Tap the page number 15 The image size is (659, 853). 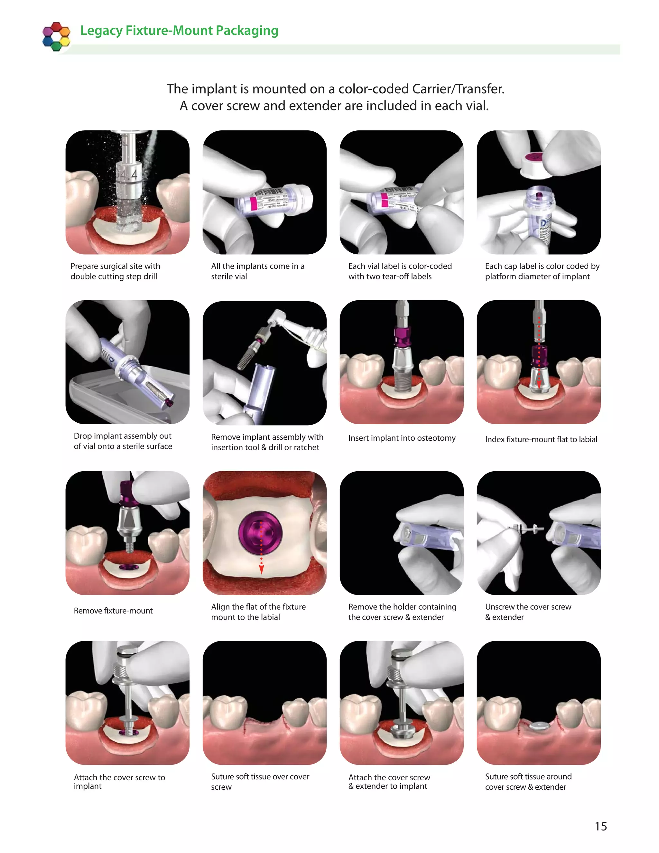point(600,826)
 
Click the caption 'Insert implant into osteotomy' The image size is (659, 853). point(401,438)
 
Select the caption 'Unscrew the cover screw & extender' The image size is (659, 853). point(528,612)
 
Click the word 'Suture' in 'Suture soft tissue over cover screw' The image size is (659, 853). point(223,777)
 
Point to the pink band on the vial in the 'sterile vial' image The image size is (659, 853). point(253,203)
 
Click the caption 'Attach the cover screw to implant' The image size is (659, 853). point(119,782)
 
